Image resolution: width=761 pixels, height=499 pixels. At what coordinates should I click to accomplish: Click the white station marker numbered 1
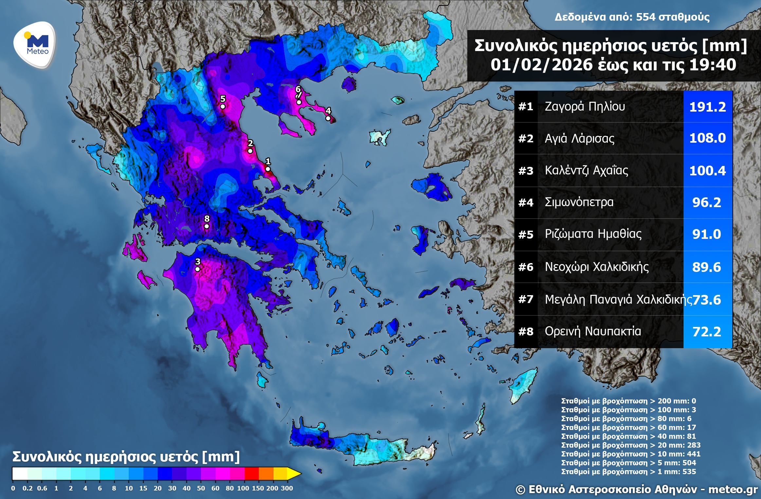(268, 169)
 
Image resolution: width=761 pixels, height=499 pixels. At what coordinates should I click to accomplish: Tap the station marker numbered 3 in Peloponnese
(197, 269)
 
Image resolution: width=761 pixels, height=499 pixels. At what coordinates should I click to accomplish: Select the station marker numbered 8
(207, 226)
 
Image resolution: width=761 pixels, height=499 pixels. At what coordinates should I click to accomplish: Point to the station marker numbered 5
(223, 106)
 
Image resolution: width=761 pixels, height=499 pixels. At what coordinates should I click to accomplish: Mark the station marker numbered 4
(328, 118)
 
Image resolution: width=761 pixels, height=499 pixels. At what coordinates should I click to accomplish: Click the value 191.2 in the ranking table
(707, 107)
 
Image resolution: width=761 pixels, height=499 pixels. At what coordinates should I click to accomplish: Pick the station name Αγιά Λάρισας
(579, 138)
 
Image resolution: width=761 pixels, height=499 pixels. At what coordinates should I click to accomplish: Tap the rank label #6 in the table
(526, 267)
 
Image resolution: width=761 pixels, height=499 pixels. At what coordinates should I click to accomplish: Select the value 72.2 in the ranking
(707, 332)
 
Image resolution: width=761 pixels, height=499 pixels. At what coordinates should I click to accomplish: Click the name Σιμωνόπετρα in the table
(579, 202)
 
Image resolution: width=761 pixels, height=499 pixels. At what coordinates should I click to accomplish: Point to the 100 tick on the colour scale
(243, 488)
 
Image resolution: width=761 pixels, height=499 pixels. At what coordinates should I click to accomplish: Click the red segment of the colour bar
(251, 473)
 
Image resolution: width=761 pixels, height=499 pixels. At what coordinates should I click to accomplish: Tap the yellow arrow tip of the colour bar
(295, 473)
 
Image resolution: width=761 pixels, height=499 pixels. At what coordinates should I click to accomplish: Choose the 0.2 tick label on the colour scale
(27, 488)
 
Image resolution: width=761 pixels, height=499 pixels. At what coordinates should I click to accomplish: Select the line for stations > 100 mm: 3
(628, 410)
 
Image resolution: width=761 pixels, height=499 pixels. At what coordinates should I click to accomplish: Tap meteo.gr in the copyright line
(733, 490)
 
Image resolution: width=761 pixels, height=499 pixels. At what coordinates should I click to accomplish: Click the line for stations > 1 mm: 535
(628, 472)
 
